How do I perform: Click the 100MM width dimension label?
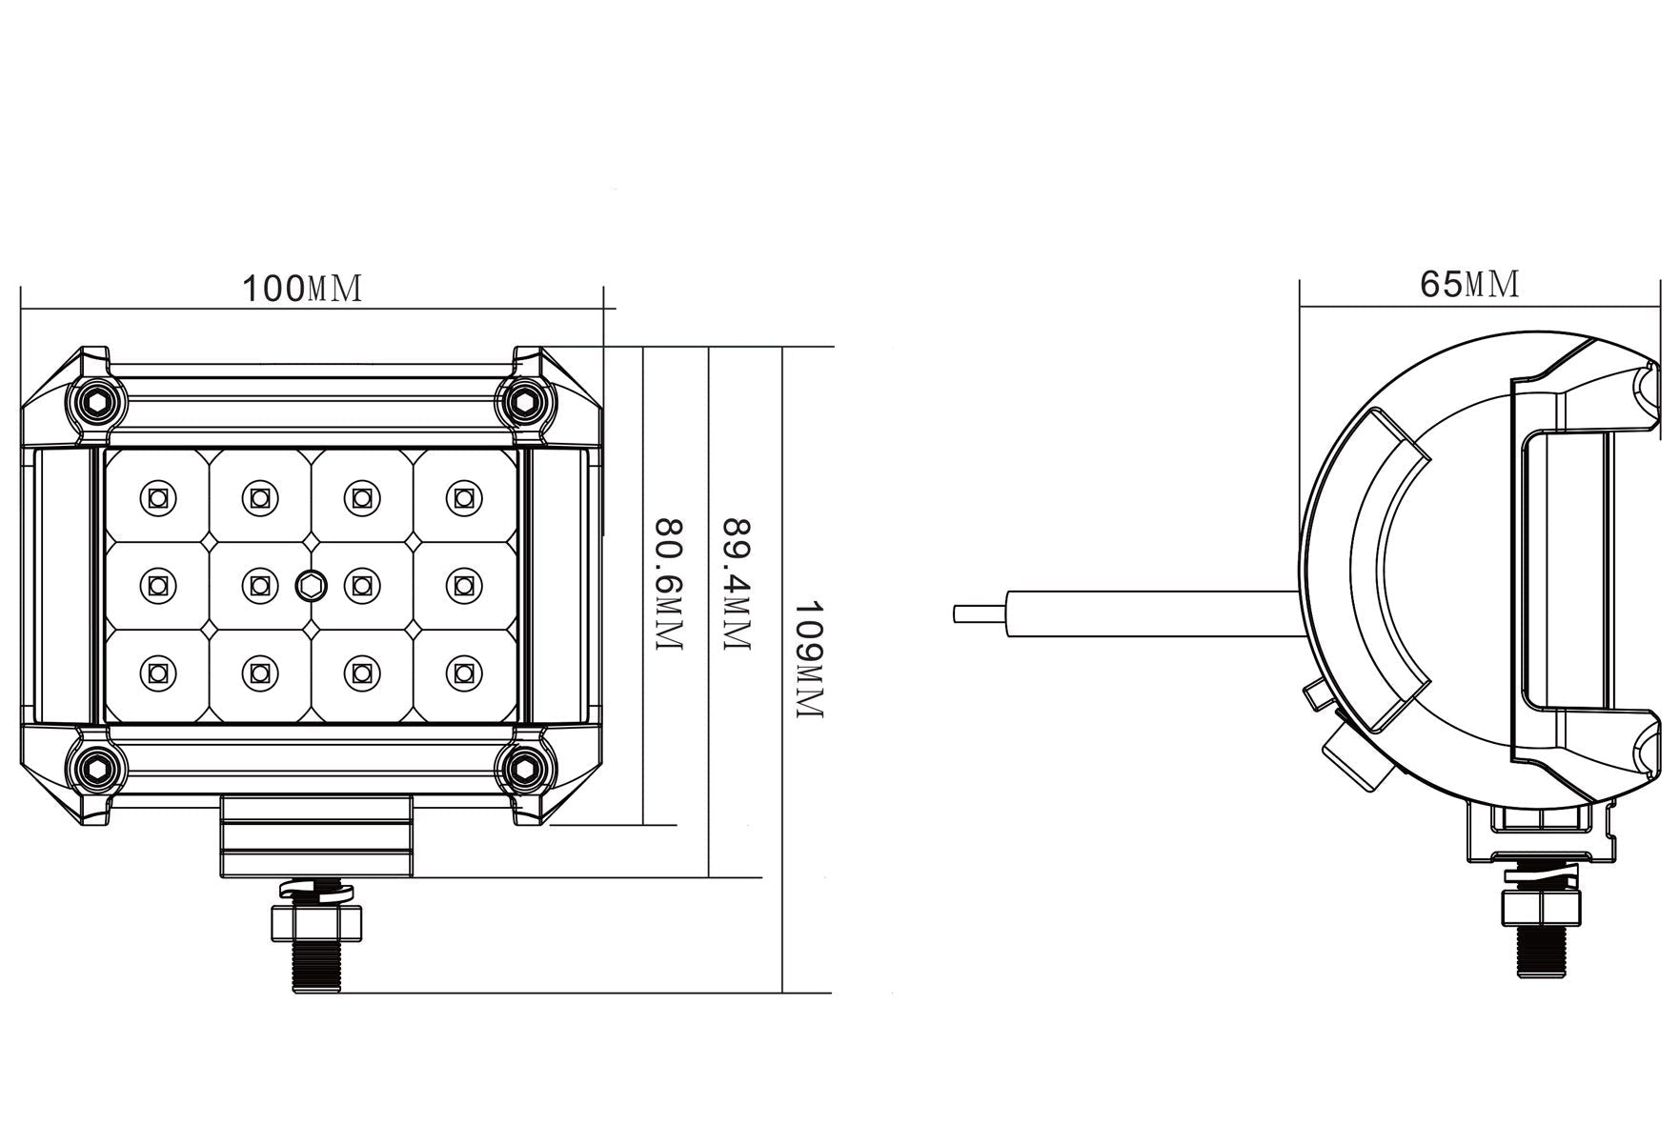pos(302,288)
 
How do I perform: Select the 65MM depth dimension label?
pos(1469,283)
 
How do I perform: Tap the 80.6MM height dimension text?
pos(670,585)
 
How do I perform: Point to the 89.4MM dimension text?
pos(738,585)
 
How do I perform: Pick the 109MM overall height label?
pos(808,659)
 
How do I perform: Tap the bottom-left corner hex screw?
pos(97,767)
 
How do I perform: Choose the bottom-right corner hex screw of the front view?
pos(523,767)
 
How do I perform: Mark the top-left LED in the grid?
pos(157,496)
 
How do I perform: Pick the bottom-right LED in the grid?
pos(463,672)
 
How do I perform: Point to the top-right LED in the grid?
pos(463,496)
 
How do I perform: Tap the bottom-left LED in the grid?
pos(157,672)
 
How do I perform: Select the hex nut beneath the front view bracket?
pos(315,922)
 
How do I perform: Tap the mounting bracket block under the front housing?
pos(316,836)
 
